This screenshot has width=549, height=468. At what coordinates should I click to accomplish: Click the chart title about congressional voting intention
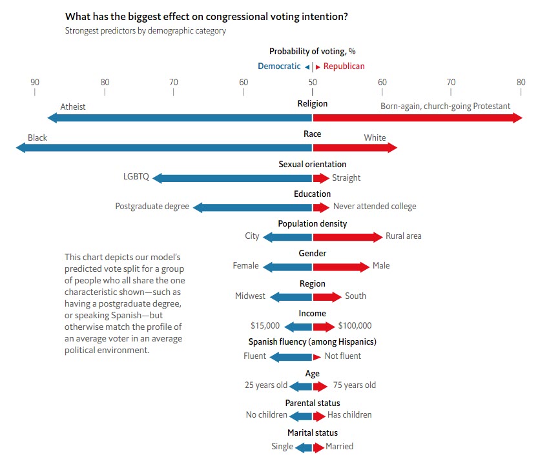[x=207, y=17]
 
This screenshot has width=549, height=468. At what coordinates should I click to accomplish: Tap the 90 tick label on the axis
[x=35, y=82]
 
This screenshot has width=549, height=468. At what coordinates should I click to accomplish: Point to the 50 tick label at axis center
[x=313, y=82]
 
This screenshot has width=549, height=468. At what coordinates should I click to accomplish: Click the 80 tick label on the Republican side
[x=521, y=82]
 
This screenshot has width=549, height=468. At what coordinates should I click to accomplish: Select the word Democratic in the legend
[x=279, y=66]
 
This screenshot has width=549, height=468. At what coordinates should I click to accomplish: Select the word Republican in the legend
[x=344, y=66]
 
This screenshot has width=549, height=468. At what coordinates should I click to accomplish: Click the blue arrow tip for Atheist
[x=52, y=117]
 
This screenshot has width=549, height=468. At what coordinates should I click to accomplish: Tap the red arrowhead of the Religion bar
[x=517, y=117]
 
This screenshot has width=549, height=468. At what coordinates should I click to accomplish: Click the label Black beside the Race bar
[x=37, y=137]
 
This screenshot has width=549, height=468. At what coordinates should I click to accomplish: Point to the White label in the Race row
[x=375, y=137]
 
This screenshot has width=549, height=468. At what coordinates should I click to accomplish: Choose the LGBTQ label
[x=136, y=177]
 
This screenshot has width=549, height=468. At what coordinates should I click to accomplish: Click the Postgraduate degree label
[x=152, y=207]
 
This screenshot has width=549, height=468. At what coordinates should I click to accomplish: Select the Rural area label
[x=403, y=236]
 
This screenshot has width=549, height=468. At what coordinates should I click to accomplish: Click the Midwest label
[x=250, y=296]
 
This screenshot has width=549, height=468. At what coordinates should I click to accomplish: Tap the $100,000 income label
[x=355, y=326]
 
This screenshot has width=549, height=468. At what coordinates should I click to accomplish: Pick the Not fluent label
[x=342, y=356]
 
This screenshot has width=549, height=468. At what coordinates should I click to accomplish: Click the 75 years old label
[x=354, y=385]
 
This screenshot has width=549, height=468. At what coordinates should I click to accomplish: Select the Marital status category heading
[x=313, y=432]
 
